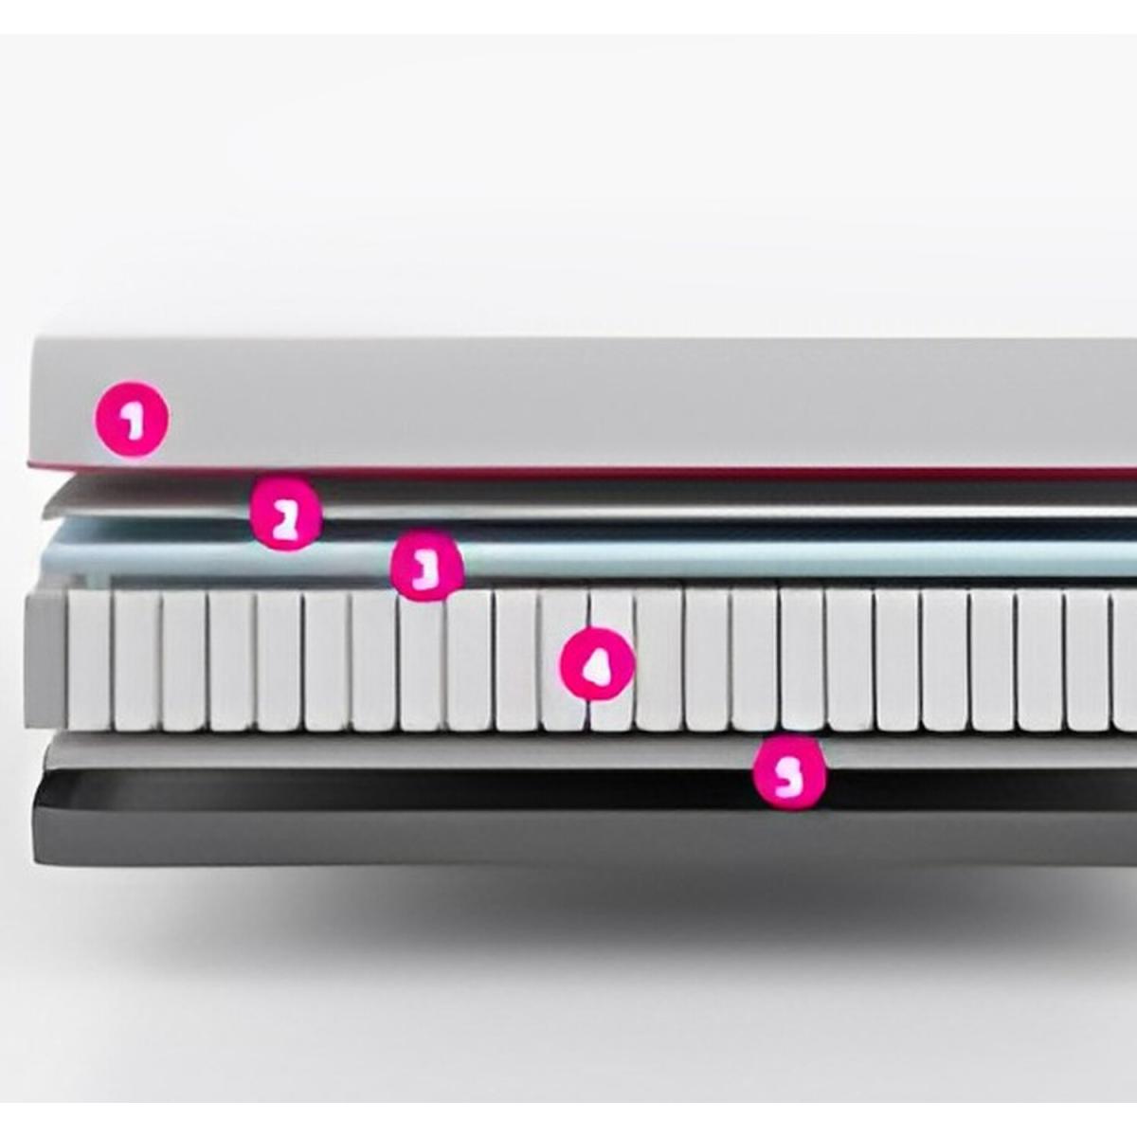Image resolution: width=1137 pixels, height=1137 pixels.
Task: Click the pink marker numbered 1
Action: tap(132, 419)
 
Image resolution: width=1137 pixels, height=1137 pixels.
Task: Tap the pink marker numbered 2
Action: tap(285, 514)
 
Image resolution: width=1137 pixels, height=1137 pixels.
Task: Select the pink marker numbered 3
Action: tap(427, 565)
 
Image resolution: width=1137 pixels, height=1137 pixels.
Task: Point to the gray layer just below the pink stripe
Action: tap(590, 498)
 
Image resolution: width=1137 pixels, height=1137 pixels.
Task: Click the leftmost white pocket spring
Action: tap(89, 660)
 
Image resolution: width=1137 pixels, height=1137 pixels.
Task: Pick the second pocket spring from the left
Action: tap(136, 660)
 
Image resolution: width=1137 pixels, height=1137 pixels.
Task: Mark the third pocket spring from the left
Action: tap(185, 660)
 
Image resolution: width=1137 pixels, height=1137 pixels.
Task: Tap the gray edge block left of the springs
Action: tap(46, 660)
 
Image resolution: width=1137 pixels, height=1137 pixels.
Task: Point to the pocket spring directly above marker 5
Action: tap(803, 660)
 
